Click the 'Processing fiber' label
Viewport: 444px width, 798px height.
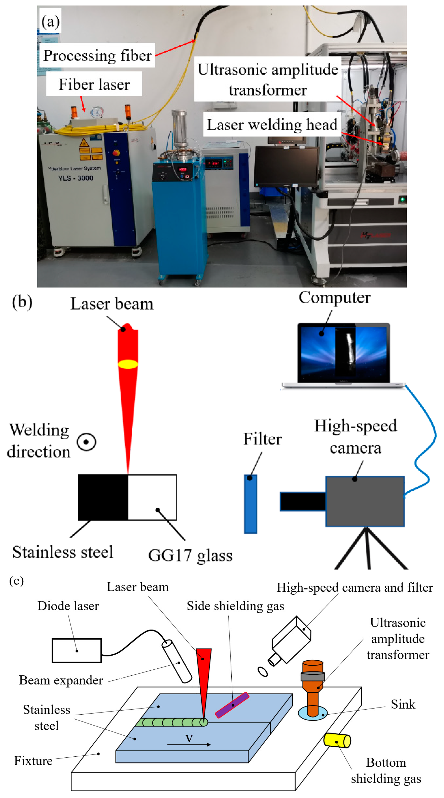pos(97,55)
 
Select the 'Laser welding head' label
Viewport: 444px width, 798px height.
pos(272,125)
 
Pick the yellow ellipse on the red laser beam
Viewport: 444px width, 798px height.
pos(128,364)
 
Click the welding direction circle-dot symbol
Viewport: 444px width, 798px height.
pos(86,442)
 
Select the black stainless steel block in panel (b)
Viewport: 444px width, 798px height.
pos(103,497)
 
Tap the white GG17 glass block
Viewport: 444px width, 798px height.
pos(152,497)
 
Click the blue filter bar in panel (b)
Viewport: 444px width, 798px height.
pos(251,504)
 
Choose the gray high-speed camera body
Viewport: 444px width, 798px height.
pos(365,501)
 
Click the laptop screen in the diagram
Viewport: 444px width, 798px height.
pos(343,353)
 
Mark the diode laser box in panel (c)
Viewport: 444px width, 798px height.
pos(76,651)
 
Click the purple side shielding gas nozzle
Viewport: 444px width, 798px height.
pos(232,705)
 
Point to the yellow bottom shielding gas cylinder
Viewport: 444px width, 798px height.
pos(337,740)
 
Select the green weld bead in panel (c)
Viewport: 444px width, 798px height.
pos(171,722)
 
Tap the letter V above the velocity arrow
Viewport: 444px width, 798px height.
pos(189,738)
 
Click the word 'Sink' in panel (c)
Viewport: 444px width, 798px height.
pos(403,705)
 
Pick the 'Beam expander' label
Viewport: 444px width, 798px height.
pos(61,680)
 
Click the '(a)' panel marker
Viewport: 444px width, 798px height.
pos(50,22)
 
